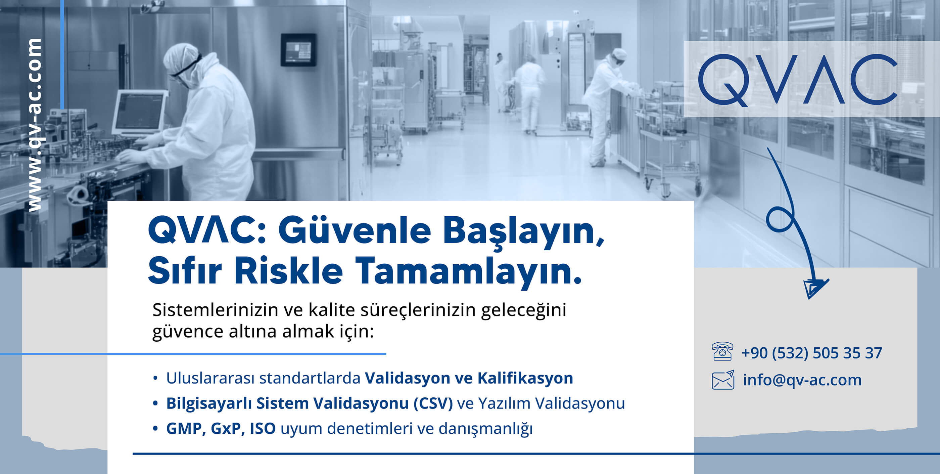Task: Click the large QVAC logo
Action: (x=798, y=80)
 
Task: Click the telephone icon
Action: (x=722, y=351)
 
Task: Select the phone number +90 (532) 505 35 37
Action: (x=812, y=353)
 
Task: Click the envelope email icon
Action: (x=723, y=380)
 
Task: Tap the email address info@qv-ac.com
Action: (x=802, y=380)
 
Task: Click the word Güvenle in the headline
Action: (x=354, y=231)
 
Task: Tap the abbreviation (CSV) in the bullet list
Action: (x=433, y=403)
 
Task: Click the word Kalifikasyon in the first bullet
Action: (x=525, y=378)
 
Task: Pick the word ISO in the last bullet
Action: (x=263, y=428)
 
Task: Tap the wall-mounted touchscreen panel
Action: (x=298, y=50)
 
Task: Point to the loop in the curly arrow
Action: (x=780, y=219)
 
